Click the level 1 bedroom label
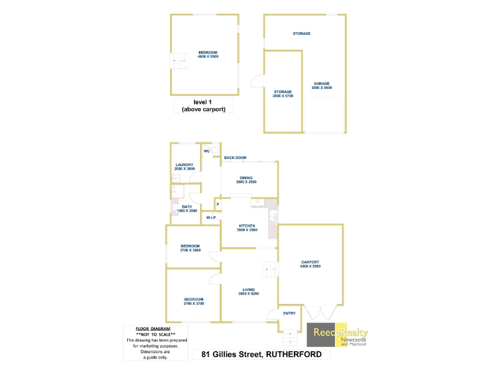[x=208, y=55]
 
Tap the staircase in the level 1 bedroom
[x=178, y=61]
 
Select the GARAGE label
[x=321, y=86]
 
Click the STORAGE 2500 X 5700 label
[x=282, y=94]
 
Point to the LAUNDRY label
[x=184, y=167]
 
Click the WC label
[x=206, y=150]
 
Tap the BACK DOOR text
[x=235, y=158]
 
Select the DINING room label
[x=246, y=180]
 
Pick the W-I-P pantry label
[x=211, y=218]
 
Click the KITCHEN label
[x=247, y=228]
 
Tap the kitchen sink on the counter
[x=273, y=216]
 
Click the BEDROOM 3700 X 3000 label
[x=190, y=248]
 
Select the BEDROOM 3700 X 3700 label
[x=193, y=302]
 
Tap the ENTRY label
[x=290, y=313]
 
